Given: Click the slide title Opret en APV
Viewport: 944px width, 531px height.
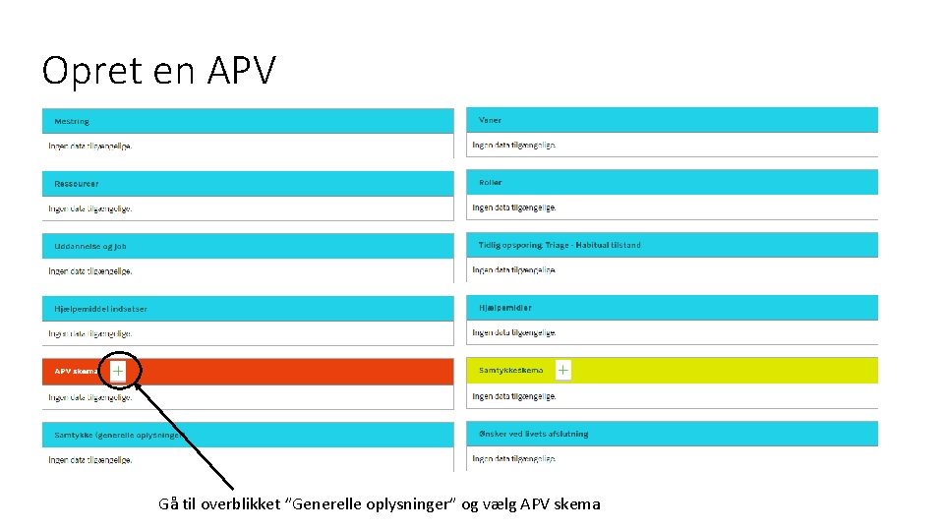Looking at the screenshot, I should pos(159,71).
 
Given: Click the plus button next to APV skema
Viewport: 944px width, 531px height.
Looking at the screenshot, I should pos(118,371).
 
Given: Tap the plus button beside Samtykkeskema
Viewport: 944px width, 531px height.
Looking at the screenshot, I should pos(562,370).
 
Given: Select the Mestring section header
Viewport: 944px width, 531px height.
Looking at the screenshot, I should pos(72,121).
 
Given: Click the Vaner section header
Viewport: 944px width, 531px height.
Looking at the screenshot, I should pos(490,120).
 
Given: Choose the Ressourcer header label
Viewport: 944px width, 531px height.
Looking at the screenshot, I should pos(77,184).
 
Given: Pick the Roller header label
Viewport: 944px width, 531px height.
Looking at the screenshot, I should pos(491,183).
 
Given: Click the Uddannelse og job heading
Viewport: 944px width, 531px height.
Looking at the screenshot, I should pos(90,247).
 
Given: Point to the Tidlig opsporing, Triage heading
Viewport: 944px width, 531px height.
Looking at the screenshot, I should pos(560,245).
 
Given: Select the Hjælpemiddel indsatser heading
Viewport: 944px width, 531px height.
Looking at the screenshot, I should pos(100,309).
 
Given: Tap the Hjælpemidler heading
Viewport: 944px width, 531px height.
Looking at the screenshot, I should pos(505,308).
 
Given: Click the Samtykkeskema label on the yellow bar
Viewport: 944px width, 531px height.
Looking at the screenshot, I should pos(511,371).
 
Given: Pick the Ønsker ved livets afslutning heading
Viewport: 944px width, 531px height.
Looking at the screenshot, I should pos(533,434).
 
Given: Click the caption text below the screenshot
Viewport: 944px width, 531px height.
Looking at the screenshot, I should pos(380,504).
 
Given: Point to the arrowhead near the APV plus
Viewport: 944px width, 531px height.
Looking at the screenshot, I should pos(138,385).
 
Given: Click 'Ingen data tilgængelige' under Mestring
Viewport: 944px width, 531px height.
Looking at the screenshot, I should pos(89,146).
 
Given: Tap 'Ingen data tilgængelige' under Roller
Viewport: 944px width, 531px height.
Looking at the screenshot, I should pos(514,207).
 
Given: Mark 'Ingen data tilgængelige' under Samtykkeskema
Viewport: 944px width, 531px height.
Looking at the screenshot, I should pos(514,396).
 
